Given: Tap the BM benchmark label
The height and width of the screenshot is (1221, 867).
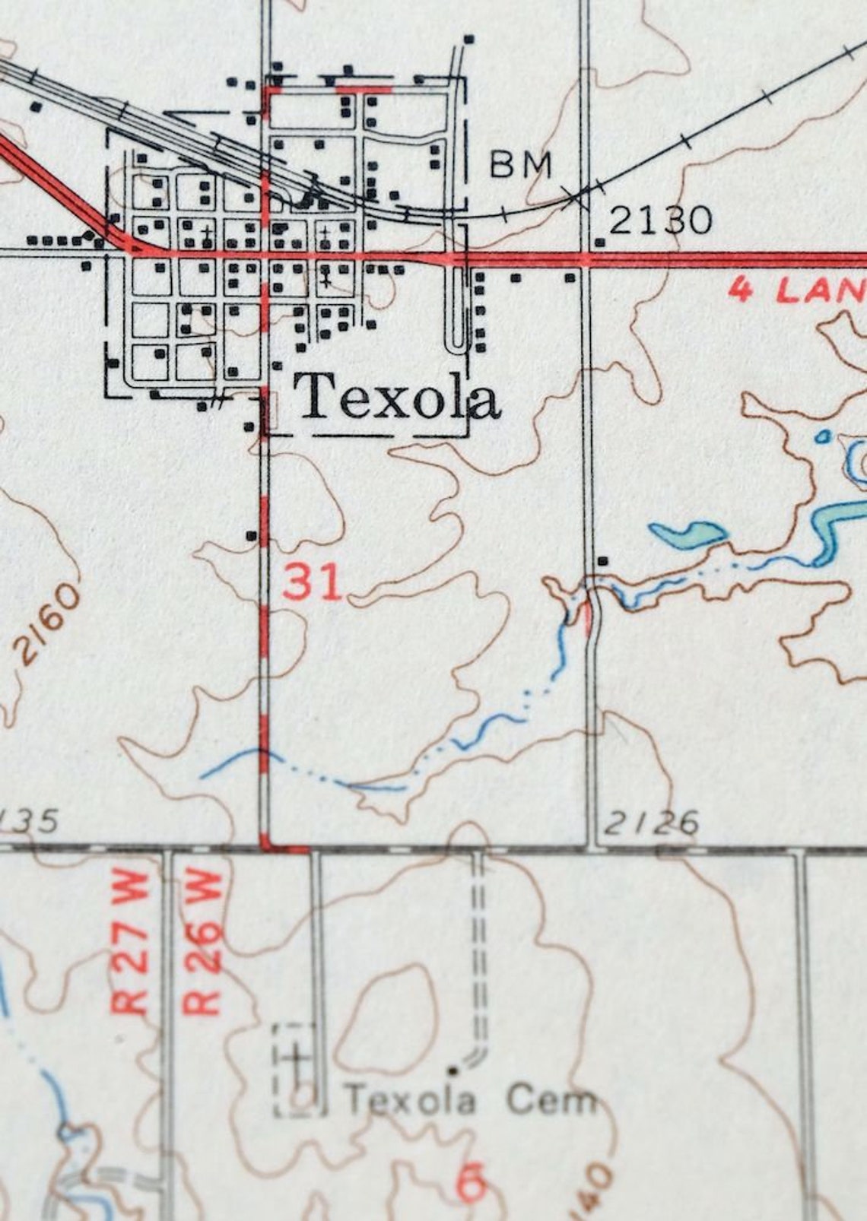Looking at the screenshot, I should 520,163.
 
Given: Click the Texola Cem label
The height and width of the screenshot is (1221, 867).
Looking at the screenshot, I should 469,1100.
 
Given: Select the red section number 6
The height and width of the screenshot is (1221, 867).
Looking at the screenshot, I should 471,1185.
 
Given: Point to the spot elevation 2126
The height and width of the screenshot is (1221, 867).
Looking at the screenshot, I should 652,823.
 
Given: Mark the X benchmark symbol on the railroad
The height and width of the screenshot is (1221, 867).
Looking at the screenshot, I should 577,197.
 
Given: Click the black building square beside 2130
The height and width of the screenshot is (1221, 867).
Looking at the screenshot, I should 601,242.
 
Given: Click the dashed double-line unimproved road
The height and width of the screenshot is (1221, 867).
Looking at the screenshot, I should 479,950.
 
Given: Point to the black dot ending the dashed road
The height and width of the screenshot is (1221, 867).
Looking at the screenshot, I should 454,1070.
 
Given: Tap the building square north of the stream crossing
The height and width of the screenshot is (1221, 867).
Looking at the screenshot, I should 604,561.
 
